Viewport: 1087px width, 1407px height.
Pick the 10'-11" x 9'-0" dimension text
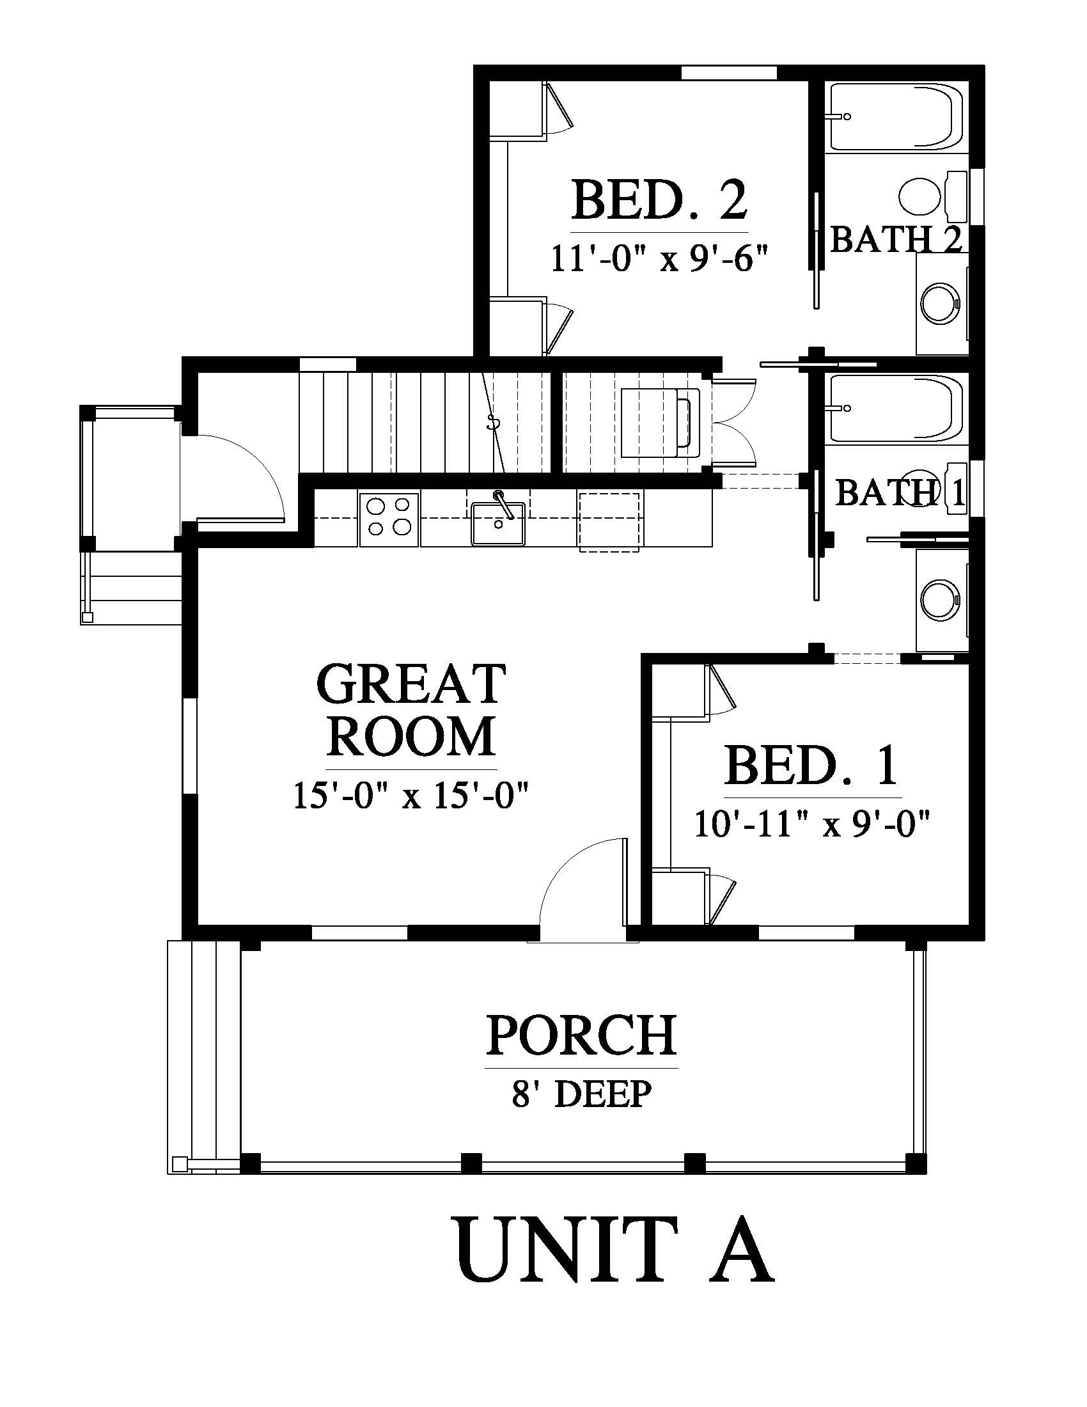click(x=812, y=823)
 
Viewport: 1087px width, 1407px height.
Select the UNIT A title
click(x=615, y=1252)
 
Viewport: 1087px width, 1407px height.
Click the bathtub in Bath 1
click(x=896, y=409)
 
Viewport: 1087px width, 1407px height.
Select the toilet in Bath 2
click(x=932, y=196)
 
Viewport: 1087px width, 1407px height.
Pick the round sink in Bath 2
click(x=941, y=303)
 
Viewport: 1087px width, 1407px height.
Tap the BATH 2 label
click(x=896, y=239)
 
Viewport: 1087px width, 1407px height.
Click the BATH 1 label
click(x=900, y=493)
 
